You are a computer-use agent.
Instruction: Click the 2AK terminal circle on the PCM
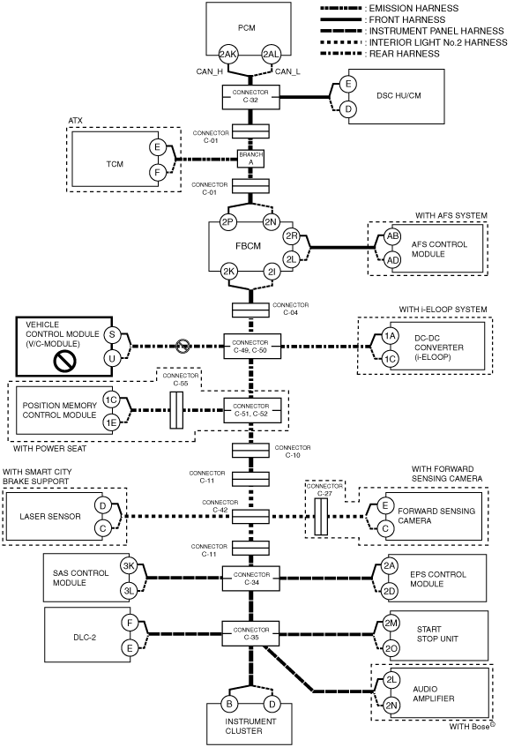(227, 55)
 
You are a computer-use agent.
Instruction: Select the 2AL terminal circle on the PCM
(271, 55)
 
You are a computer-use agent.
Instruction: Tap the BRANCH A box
(250, 158)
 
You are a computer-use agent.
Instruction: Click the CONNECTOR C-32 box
(250, 97)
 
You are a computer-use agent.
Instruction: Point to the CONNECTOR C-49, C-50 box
(252, 347)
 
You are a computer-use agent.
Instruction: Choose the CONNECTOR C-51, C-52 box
(252, 410)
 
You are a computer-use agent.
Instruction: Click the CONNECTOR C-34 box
(251, 579)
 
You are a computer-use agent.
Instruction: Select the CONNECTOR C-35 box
(251, 633)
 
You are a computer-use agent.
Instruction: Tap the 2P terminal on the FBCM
(228, 222)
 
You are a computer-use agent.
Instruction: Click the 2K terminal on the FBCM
(229, 272)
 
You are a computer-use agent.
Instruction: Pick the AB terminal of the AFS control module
(393, 236)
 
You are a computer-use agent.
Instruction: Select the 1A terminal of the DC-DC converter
(391, 335)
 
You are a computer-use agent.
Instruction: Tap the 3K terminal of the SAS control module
(129, 566)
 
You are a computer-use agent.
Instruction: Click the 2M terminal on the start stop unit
(391, 624)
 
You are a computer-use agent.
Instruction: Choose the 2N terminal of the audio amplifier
(391, 706)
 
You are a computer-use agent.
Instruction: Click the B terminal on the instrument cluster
(229, 704)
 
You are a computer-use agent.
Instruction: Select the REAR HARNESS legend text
(405, 54)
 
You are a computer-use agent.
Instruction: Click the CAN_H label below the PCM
(210, 72)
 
